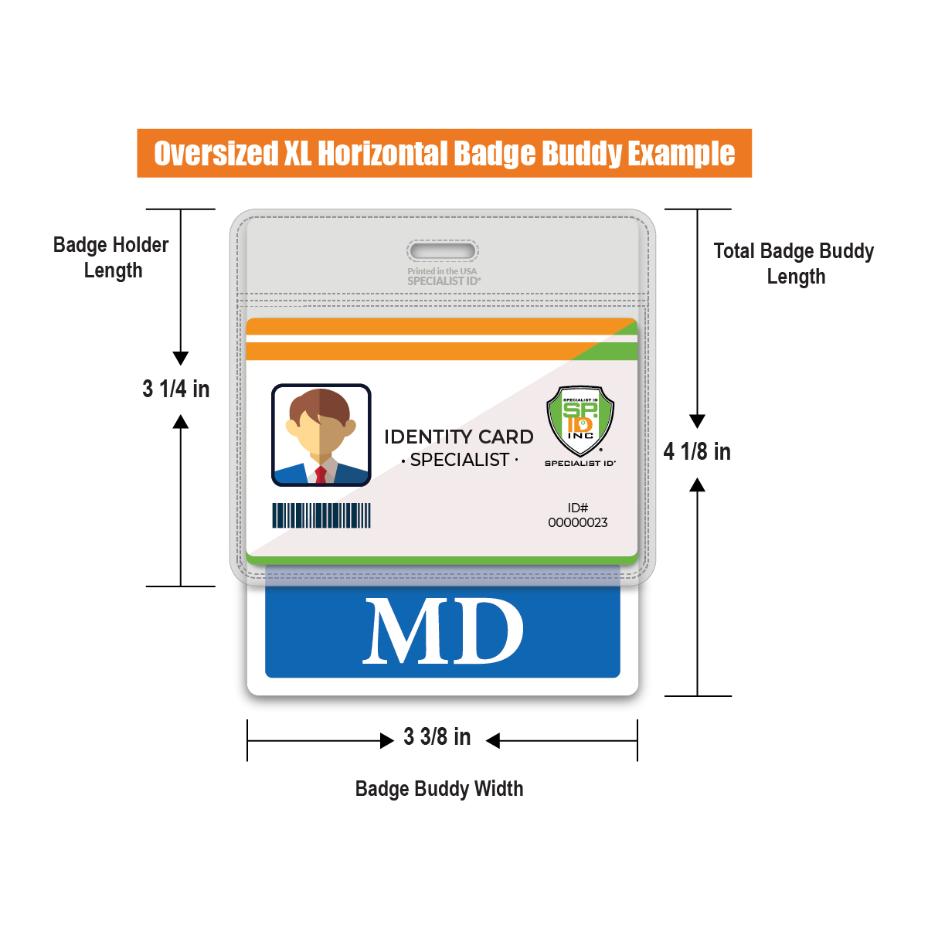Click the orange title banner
pyautogui.click(x=444, y=153)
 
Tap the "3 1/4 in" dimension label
pyautogui.click(x=176, y=389)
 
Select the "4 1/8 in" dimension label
pyautogui.click(x=697, y=451)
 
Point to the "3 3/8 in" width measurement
pyautogui.click(x=437, y=737)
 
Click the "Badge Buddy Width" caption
pyautogui.click(x=439, y=789)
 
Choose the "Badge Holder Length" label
pyautogui.click(x=111, y=257)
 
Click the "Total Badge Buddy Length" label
pyautogui.click(x=794, y=263)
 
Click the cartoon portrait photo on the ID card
pyautogui.click(x=321, y=435)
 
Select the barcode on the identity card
pyautogui.click(x=321, y=515)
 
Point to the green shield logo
pyautogui.click(x=580, y=420)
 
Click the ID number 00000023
pyautogui.click(x=578, y=522)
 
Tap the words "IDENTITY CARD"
pyautogui.click(x=459, y=437)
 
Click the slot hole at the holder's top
pyautogui.click(x=443, y=251)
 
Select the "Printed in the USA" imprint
pyautogui.click(x=443, y=271)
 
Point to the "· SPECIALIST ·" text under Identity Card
pyautogui.click(x=460, y=460)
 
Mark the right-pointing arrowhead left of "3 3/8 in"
pyautogui.click(x=387, y=741)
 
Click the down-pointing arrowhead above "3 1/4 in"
pyautogui.click(x=181, y=359)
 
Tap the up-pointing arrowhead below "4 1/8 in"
pyautogui.click(x=697, y=485)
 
